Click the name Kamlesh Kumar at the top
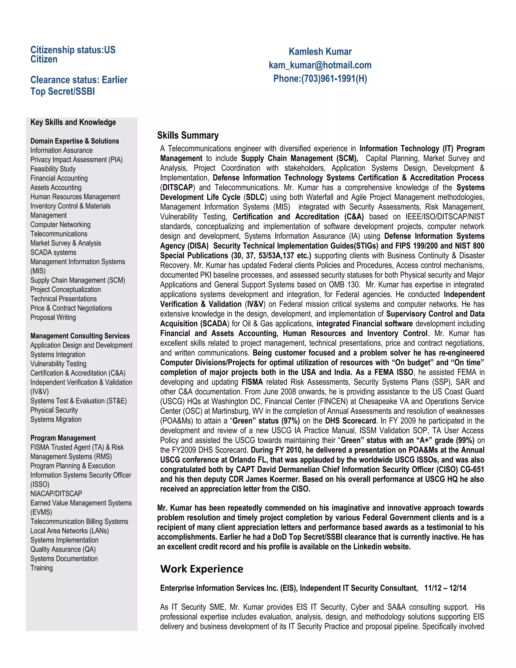point(320,51)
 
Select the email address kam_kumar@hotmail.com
point(320,65)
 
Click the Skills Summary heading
point(188,135)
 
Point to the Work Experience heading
point(202,569)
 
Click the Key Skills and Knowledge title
point(73,122)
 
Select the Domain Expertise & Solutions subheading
point(75,141)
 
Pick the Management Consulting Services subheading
point(80,336)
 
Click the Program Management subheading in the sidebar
point(63,438)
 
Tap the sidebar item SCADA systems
point(53,252)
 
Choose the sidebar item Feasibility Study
point(53,169)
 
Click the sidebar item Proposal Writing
point(53,317)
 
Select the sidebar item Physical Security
point(54,410)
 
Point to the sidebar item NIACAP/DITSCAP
point(56,494)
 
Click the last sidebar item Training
point(42,568)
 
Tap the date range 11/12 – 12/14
point(445,588)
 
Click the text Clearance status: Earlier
point(79,80)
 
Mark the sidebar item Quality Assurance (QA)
point(63,549)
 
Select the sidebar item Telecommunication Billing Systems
point(79,522)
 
